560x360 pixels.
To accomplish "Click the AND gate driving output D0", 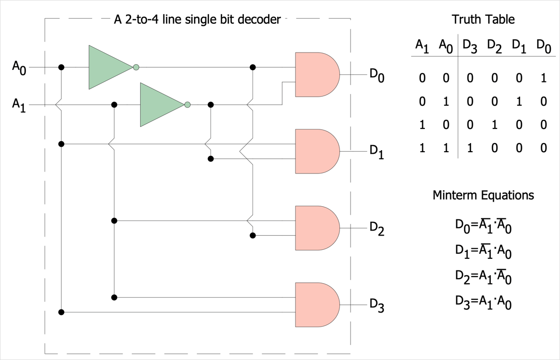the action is [317, 74].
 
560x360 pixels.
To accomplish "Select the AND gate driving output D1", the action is [317, 151].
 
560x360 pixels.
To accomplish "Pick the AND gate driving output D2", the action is [317, 228].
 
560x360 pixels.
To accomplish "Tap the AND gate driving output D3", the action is [317, 305].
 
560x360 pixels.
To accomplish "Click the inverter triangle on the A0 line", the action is [111, 67].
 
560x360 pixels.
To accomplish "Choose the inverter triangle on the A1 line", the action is [162, 105].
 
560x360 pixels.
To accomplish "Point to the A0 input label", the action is [19, 67].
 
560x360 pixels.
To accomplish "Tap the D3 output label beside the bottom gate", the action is [377, 305].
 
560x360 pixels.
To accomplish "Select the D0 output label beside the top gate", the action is [377, 75].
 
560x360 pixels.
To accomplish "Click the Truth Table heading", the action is [483, 19].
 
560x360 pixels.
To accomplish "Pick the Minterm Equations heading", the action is [483, 195].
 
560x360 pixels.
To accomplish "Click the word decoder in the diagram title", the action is [260, 19].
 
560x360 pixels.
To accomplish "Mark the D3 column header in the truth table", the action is [470, 46].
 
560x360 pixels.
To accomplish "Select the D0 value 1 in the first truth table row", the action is [544, 78].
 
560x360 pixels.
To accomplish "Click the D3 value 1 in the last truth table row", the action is [470, 148].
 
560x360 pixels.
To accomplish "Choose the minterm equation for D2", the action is [483, 277].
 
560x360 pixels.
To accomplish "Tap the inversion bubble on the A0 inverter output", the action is [136, 67].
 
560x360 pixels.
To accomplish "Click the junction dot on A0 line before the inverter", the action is [61, 67].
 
